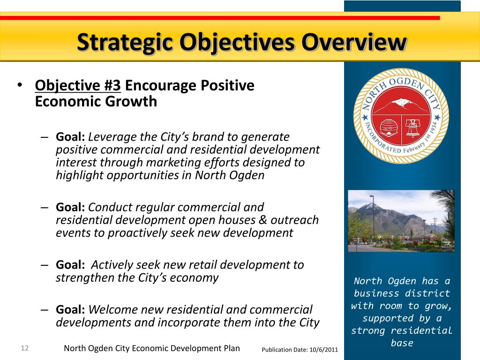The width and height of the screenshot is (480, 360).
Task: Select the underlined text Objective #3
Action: point(78,86)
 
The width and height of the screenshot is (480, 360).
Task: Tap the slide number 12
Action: point(25,348)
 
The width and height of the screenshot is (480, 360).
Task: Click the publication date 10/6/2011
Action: point(323,350)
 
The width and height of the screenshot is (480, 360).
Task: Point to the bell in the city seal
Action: point(412,127)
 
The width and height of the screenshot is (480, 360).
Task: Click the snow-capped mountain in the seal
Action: point(401,105)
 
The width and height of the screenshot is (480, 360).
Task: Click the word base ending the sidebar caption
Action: point(402,343)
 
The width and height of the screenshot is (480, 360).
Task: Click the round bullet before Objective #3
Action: point(20,85)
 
